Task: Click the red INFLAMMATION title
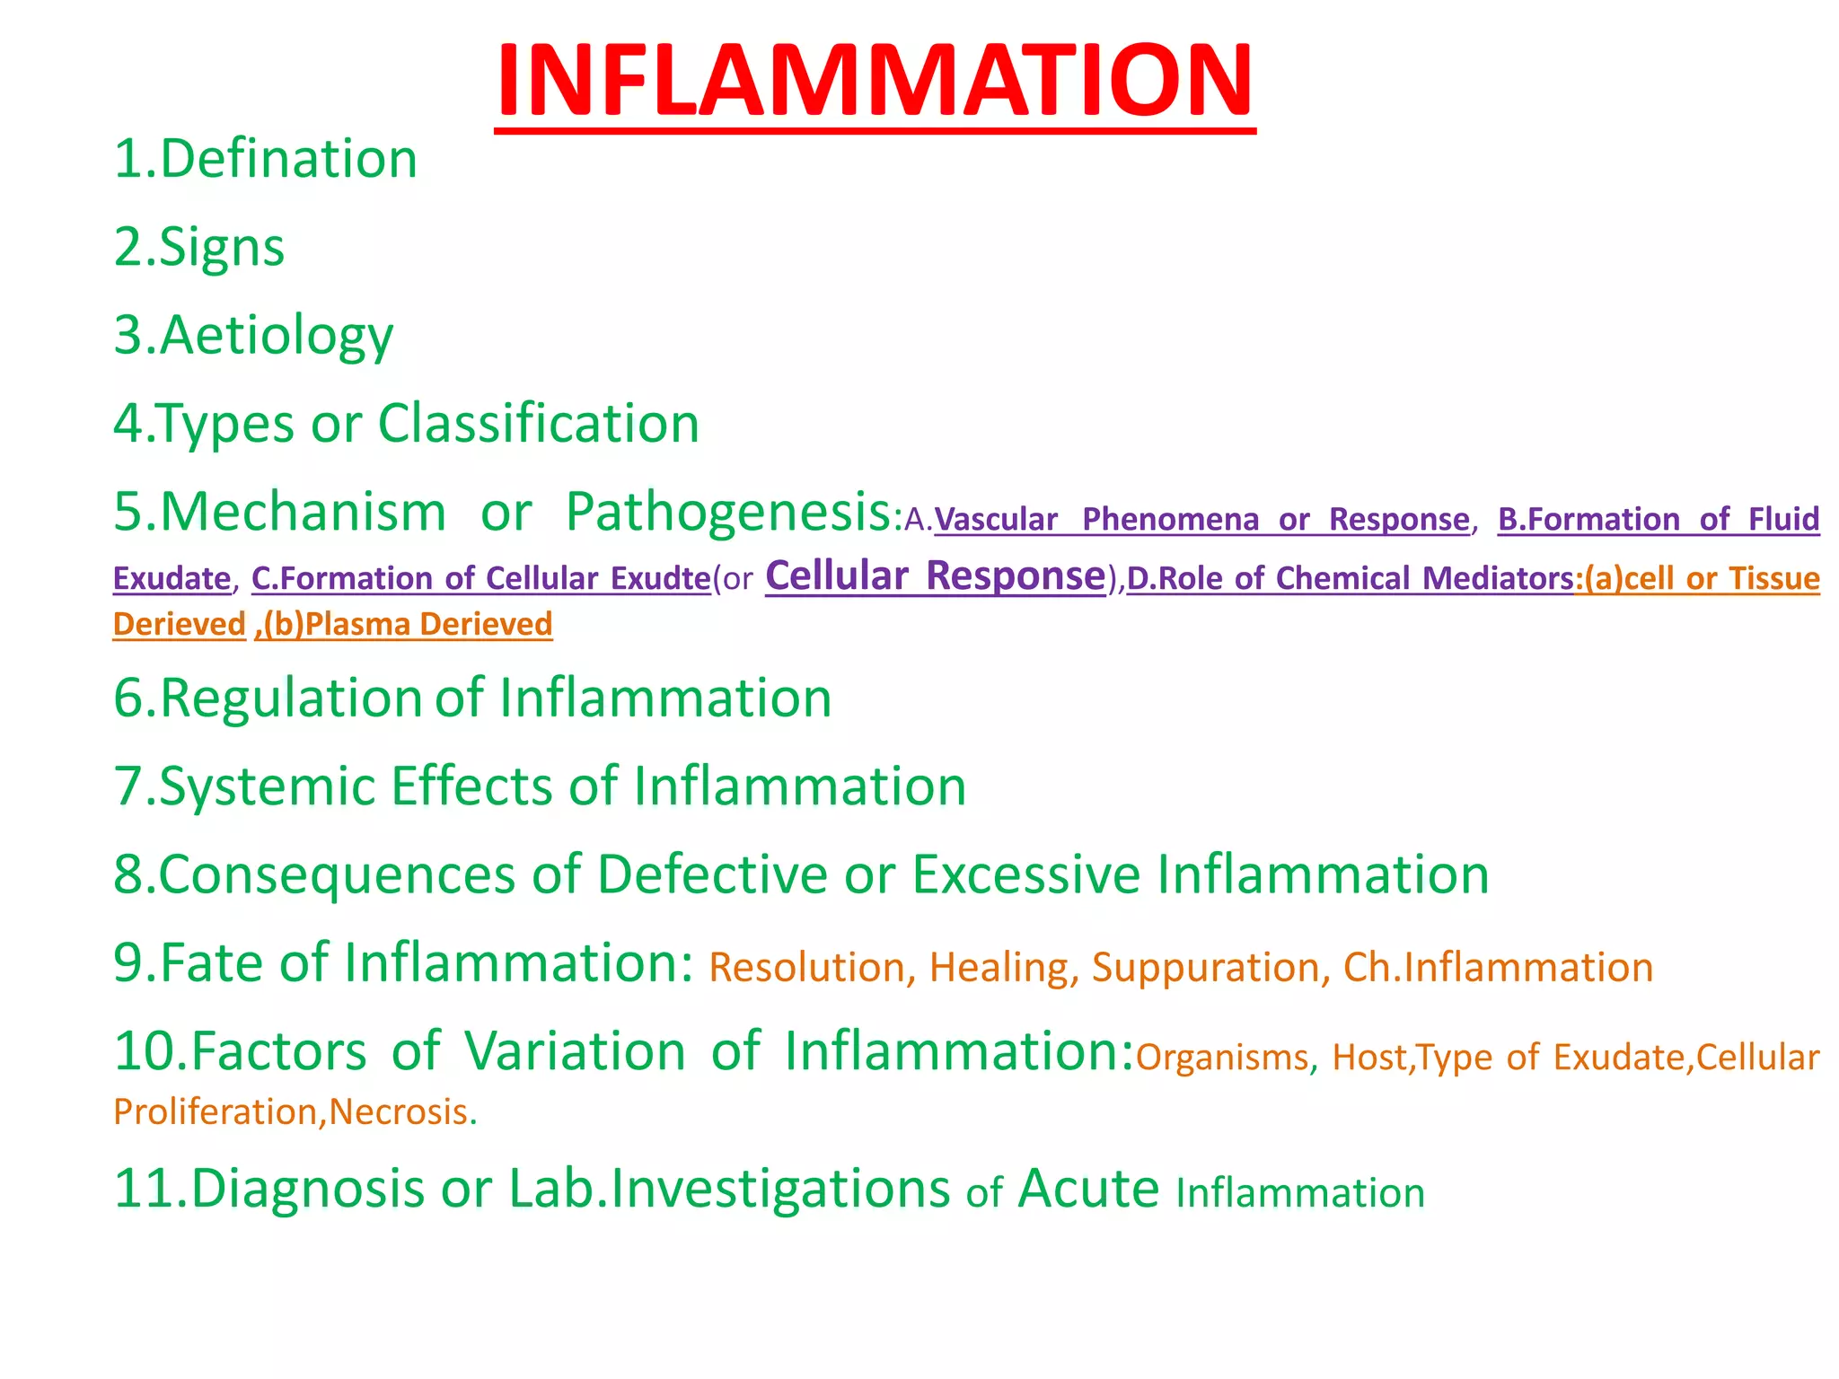point(874,81)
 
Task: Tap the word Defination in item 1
point(288,159)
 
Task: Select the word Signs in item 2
point(222,247)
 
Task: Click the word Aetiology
point(277,336)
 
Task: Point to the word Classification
point(538,423)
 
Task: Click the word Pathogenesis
point(727,512)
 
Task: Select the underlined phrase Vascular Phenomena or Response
point(1201,520)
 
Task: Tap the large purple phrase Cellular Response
point(936,575)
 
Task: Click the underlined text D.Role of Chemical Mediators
point(1350,579)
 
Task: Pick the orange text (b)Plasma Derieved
point(405,625)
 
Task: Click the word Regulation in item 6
point(290,698)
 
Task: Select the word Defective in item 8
point(712,874)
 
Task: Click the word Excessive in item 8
point(1025,874)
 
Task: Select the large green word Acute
point(1088,1189)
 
